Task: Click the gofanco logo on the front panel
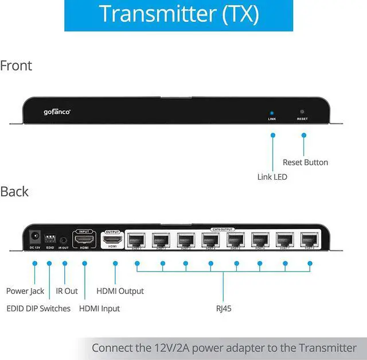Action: (57, 112)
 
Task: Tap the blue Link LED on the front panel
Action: (272, 113)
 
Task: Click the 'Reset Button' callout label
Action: (305, 162)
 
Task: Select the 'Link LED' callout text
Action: (272, 177)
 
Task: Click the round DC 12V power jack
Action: (34, 236)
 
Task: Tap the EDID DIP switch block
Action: (50, 237)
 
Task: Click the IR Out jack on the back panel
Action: (64, 239)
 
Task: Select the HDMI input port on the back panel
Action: (84, 238)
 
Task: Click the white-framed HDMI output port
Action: (113, 238)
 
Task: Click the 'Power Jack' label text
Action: (25, 291)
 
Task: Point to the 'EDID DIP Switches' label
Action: (38, 308)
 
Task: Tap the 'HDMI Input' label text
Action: (99, 308)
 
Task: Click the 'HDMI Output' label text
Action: (120, 291)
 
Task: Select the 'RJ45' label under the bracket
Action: (224, 308)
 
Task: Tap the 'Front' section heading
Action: (16, 65)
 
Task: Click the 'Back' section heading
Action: (14, 191)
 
